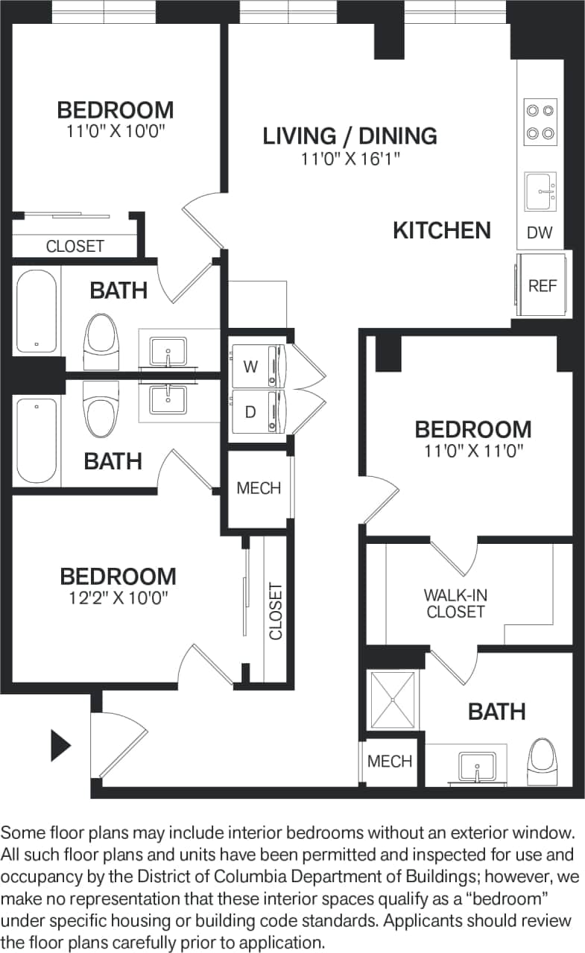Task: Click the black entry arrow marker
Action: pyautogui.click(x=60, y=745)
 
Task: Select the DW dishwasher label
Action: pyautogui.click(x=540, y=232)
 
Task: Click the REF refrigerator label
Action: pyautogui.click(x=542, y=286)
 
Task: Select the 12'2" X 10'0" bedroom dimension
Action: pyautogui.click(x=118, y=598)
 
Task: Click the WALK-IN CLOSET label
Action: pyautogui.click(x=455, y=604)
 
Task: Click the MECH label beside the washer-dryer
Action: pyautogui.click(x=259, y=488)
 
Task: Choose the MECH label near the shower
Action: pyautogui.click(x=390, y=761)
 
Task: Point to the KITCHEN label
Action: pyautogui.click(x=442, y=230)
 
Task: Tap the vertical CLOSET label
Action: pyautogui.click(x=276, y=611)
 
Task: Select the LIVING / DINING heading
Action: pyautogui.click(x=350, y=136)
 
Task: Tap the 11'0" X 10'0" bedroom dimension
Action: pyautogui.click(x=115, y=131)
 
